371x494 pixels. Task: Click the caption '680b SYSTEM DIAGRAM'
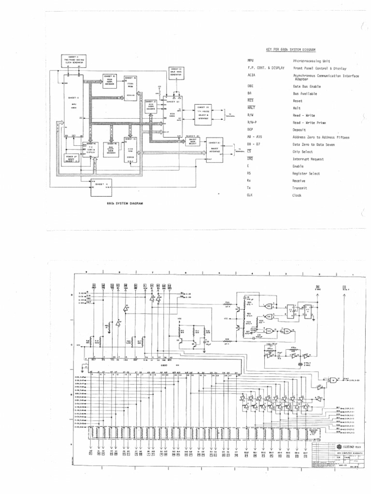[x=122, y=204]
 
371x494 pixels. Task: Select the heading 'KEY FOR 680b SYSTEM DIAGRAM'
[x=291, y=49]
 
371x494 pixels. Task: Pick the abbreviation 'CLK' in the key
[x=250, y=195]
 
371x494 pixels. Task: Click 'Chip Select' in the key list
[x=303, y=151]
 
